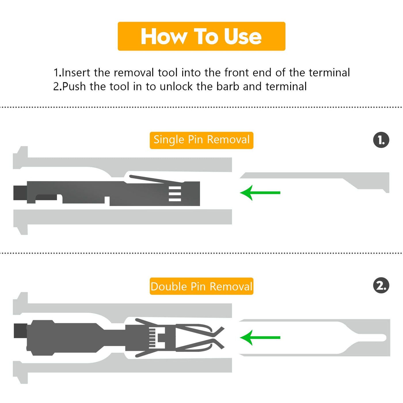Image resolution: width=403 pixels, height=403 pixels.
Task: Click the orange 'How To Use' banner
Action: (x=201, y=36)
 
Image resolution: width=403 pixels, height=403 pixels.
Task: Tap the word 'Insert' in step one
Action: (x=76, y=73)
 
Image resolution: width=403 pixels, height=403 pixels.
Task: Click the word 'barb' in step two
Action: (x=228, y=86)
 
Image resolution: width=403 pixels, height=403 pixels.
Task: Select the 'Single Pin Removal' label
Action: (x=201, y=140)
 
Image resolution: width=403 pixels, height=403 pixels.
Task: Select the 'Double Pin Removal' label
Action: (x=201, y=286)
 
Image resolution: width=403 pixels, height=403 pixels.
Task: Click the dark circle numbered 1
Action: (x=381, y=140)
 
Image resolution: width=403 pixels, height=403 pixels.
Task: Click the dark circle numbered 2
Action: (x=381, y=285)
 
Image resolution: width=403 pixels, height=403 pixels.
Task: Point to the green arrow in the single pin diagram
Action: (x=260, y=193)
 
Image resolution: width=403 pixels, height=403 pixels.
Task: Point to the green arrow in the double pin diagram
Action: (x=260, y=337)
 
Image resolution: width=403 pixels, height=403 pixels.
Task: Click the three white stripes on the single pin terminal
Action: (x=175, y=194)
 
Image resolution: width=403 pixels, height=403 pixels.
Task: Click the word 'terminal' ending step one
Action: (x=329, y=73)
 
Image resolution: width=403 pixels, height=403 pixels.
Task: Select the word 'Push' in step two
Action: (x=74, y=86)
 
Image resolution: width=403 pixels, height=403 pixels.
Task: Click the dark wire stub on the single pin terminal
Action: (x=20, y=193)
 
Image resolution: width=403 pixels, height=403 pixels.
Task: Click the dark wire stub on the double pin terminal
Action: (x=20, y=331)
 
